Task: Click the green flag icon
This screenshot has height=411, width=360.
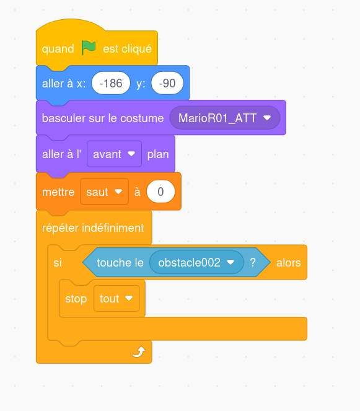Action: (89, 48)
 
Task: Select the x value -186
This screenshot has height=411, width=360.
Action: (111, 83)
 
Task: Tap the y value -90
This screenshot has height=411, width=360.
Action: (167, 83)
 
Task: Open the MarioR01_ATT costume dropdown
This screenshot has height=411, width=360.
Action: (225, 118)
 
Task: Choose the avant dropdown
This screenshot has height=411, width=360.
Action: (114, 154)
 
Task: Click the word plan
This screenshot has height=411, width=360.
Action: (158, 154)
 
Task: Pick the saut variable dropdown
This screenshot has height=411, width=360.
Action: (104, 192)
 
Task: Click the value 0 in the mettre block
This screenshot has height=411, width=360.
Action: (160, 192)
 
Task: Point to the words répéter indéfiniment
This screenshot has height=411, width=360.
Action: (93, 228)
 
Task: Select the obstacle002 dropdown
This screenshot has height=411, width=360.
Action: (196, 262)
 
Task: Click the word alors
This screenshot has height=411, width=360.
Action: (289, 263)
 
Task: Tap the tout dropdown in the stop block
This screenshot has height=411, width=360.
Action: (116, 298)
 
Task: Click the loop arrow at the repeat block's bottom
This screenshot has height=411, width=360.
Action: (139, 351)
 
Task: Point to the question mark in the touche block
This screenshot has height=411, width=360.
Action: (253, 262)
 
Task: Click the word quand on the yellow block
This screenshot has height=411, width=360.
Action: (58, 49)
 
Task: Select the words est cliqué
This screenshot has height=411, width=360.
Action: (128, 49)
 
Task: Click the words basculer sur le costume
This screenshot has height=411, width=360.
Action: (103, 118)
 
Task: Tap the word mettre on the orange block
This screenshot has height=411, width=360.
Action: (58, 192)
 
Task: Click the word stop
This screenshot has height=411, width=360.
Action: (76, 299)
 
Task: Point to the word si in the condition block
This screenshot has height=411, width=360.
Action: (58, 263)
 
